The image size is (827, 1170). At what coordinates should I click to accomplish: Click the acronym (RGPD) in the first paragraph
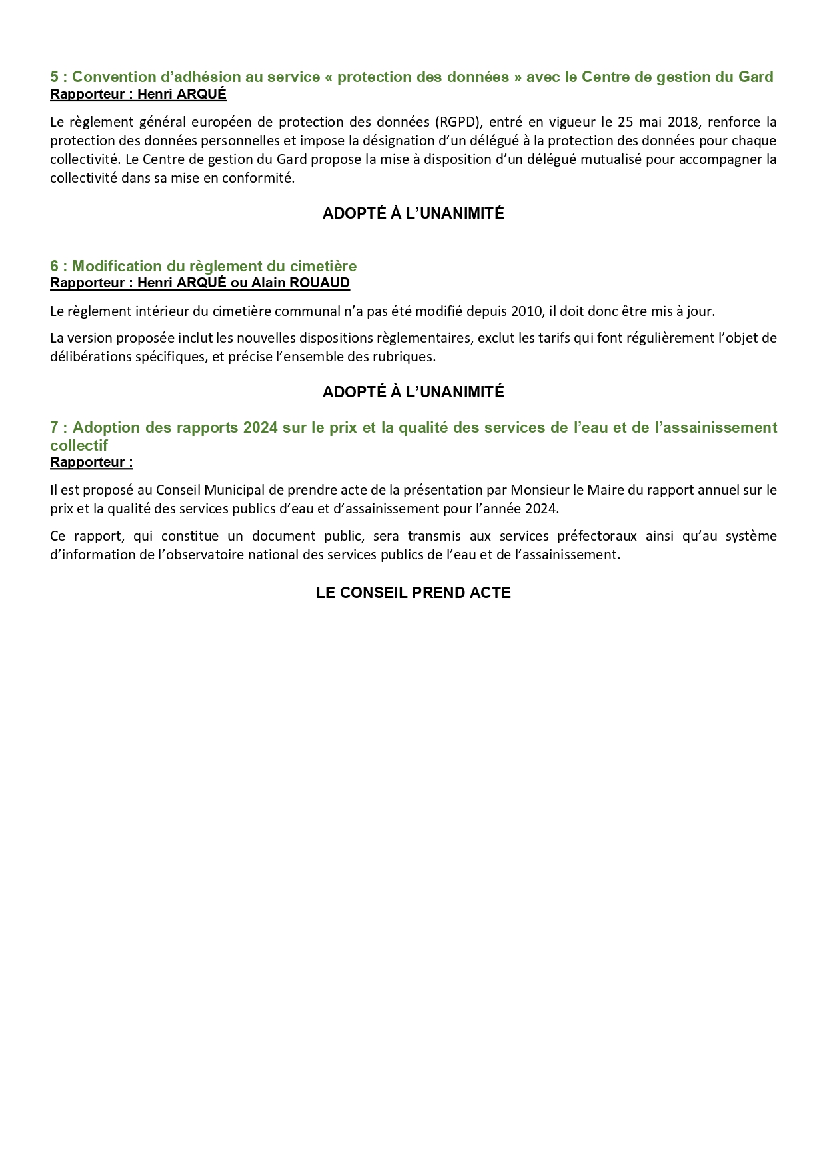pos(458,122)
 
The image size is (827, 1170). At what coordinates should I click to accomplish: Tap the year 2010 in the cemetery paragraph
pos(527,311)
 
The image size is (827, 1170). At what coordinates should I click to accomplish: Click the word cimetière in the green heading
pos(324,266)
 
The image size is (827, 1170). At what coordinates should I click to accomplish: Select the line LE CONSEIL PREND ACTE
pos(413,593)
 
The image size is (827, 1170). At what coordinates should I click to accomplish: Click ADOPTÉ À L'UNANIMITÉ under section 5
pos(413,213)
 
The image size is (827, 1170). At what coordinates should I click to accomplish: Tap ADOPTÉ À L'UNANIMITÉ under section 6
pos(413,392)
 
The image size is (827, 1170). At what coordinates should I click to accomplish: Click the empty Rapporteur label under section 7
pos(91,462)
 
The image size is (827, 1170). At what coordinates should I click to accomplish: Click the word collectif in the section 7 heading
pos(79,445)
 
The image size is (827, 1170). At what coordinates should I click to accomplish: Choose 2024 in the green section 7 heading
pos(260,427)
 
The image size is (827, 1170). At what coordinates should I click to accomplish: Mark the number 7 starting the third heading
pos(54,427)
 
